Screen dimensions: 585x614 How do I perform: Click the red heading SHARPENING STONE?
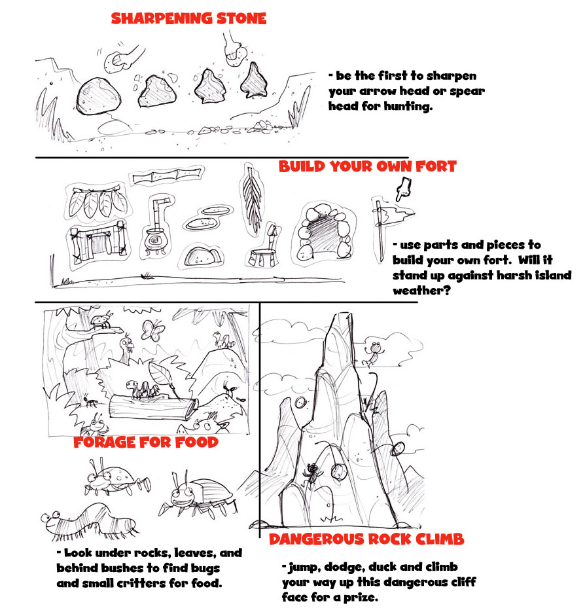(188, 18)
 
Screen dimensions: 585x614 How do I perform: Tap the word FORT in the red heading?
(435, 166)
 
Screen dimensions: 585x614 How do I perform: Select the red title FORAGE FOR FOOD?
(146, 442)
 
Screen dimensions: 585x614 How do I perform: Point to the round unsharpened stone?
(98, 96)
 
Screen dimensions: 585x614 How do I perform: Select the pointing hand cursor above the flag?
(402, 189)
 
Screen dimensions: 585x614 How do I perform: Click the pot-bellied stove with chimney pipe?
(158, 229)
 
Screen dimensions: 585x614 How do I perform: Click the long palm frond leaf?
(251, 200)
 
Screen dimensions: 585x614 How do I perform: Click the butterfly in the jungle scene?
(152, 330)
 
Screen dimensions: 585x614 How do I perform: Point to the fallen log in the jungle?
(153, 409)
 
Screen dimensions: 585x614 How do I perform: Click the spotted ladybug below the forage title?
(116, 479)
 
